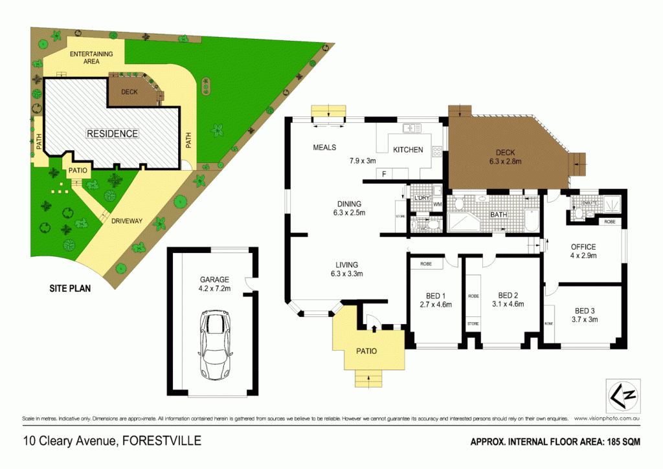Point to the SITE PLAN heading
click(x=71, y=289)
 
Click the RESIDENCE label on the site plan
click(x=113, y=134)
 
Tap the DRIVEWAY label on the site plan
click(x=126, y=221)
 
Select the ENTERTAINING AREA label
click(x=91, y=57)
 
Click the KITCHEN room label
click(x=408, y=150)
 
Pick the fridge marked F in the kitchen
click(x=384, y=174)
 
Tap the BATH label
click(x=499, y=215)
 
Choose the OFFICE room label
click(x=583, y=246)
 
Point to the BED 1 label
click(x=435, y=295)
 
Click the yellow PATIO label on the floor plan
click(x=366, y=351)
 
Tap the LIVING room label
click(x=346, y=264)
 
